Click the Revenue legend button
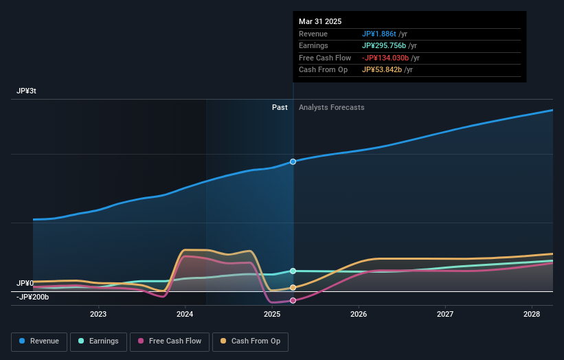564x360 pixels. [x=40, y=341]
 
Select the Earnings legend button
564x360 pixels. [x=98, y=341]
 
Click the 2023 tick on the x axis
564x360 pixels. [x=98, y=314]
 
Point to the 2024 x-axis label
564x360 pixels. [x=185, y=314]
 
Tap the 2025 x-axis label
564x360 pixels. [x=271, y=314]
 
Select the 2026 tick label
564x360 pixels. [x=358, y=314]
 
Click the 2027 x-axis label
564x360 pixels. [x=445, y=314]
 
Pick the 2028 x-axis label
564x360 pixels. [x=531, y=314]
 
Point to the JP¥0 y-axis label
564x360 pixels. [x=25, y=283]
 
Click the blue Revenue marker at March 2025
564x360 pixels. [x=293, y=161]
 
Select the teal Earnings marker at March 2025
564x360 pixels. [x=293, y=271]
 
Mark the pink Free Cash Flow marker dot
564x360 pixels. [x=293, y=300]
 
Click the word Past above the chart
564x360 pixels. [x=280, y=107]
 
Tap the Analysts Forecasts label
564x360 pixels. [x=331, y=107]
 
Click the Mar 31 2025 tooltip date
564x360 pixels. [x=320, y=22]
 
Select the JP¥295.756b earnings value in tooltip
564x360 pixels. [x=383, y=46]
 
